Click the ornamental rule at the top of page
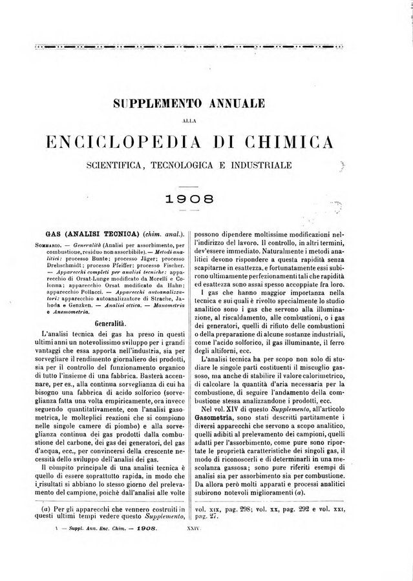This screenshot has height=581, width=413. point(206,46)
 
